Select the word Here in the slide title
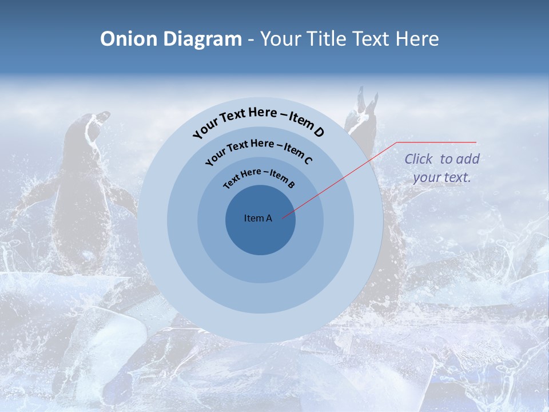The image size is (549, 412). (x=416, y=39)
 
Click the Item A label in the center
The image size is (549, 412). (x=258, y=218)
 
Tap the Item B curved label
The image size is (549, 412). (x=283, y=179)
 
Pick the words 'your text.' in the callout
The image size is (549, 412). (x=441, y=177)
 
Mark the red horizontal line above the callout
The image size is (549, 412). (x=437, y=142)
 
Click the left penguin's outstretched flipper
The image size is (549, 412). (x=34, y=195)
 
